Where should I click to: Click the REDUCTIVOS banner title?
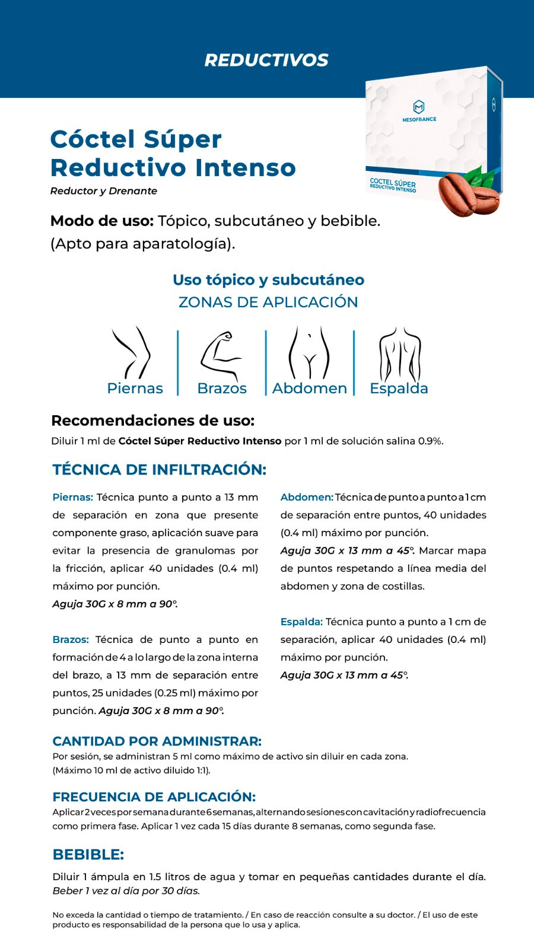(266, 60)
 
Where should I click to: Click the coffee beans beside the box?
(468, 194)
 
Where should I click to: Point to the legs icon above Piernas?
(133, 352)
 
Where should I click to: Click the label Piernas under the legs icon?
(135, 388)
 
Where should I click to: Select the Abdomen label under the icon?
(309, 388)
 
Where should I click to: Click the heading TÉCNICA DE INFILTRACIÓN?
(159, 470)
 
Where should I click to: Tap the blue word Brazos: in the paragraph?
(71, 639)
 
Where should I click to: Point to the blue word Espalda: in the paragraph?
(301, 622)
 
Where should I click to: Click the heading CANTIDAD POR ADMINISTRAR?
(157, 741)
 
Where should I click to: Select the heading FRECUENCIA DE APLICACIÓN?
(154, 797)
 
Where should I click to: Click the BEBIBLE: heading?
(88, 855)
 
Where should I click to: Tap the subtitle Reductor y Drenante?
(104, 191)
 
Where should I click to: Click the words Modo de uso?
(102, 221)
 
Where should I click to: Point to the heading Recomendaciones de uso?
(152, 421)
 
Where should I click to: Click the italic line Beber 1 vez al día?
(126, 891)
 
